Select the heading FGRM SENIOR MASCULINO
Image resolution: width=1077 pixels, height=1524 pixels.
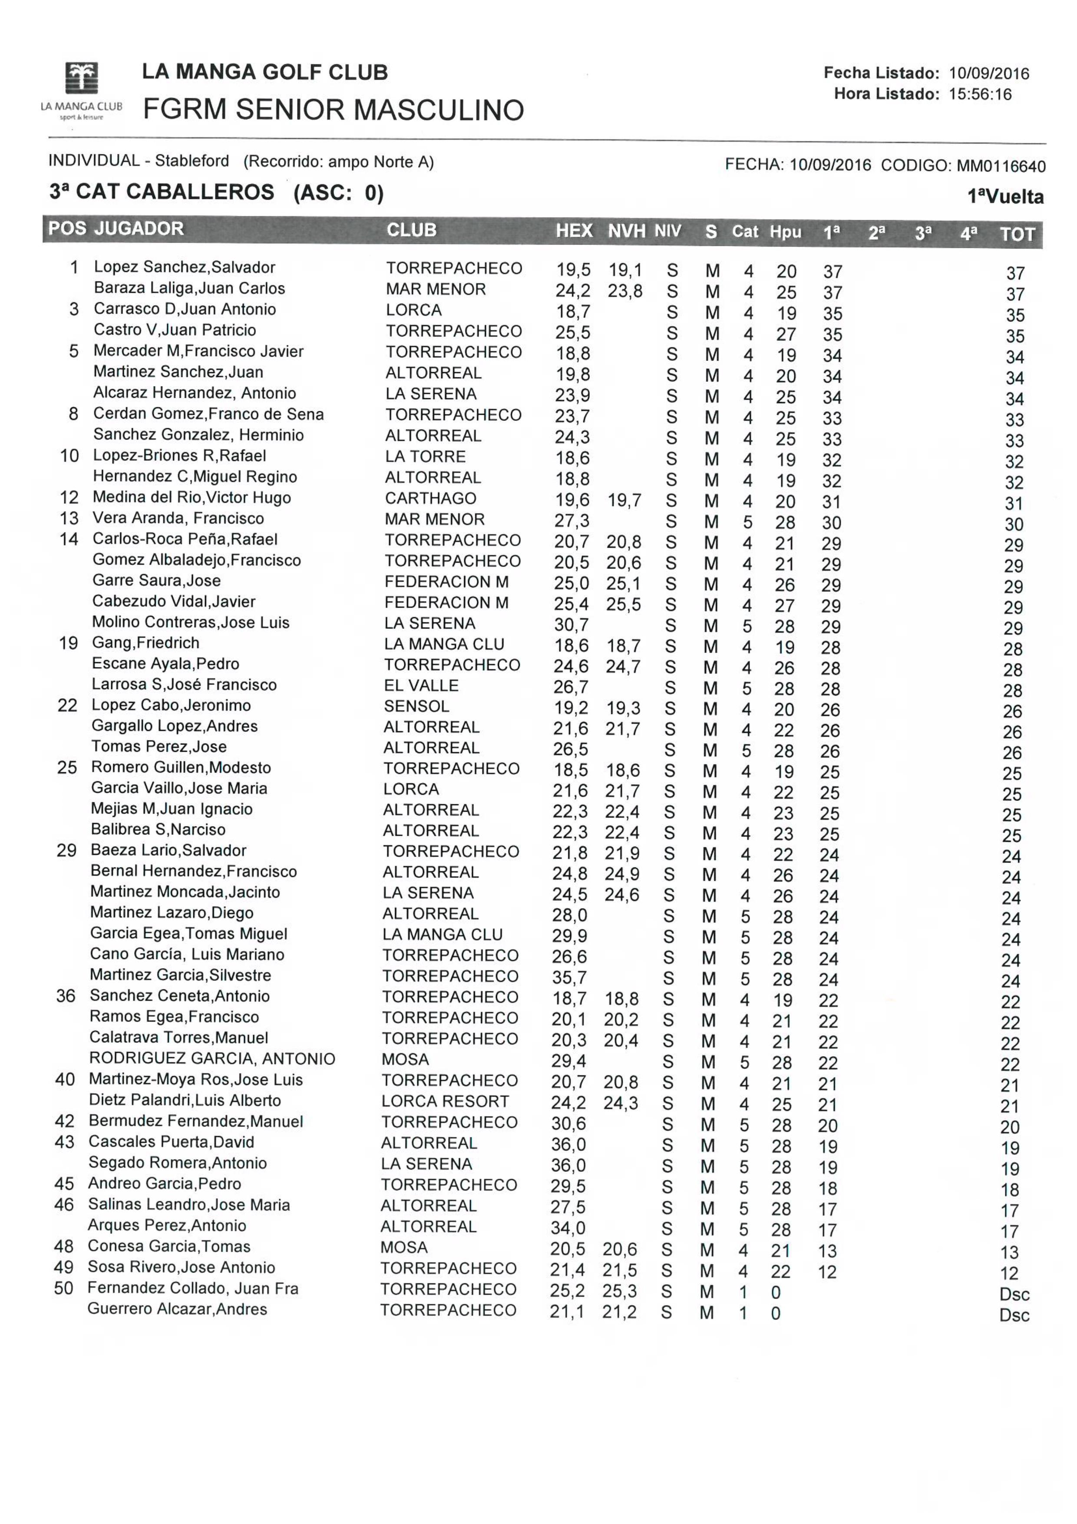[333, 109]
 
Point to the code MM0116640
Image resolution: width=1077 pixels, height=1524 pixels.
[1000, 166]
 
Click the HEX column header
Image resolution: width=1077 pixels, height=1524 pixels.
[573, 231]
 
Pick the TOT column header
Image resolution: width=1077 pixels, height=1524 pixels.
[1017, 234]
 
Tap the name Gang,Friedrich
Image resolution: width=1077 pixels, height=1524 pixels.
[145, 643]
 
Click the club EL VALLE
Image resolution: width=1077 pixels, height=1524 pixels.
[421, 686]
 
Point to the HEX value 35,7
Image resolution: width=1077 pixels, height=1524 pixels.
[569, 978]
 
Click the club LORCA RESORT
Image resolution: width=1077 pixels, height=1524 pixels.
[445, 1101]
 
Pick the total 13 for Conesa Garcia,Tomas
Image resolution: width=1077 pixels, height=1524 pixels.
[1009, 1253]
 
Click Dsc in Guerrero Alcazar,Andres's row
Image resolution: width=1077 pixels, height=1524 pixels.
[1014, 1315]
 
